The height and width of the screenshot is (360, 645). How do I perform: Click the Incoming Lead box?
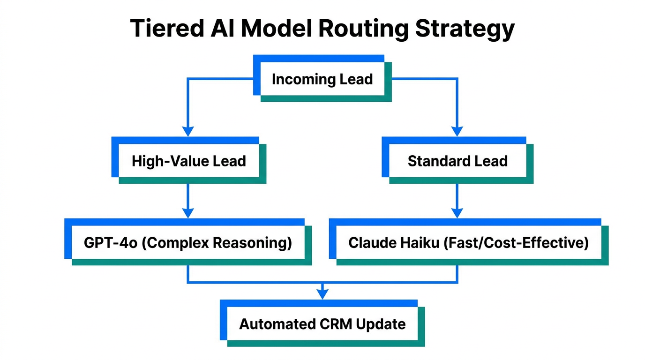point(322,79)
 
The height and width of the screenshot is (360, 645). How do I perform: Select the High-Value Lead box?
point(188,161)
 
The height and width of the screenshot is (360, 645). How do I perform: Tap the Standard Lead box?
point(457,161)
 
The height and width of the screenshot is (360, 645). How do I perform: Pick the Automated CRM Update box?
point(322,324)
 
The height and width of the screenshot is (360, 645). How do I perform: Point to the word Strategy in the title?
point(465,29)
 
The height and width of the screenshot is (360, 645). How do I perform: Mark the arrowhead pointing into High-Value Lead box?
point(188,131)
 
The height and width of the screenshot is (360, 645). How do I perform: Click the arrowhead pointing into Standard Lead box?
point(457,131)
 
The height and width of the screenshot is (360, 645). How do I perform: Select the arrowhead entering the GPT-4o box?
point(188,213)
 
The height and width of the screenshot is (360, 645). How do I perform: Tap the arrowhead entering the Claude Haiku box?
point(457,213)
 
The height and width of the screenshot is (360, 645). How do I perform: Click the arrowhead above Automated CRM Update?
point(322,294)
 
